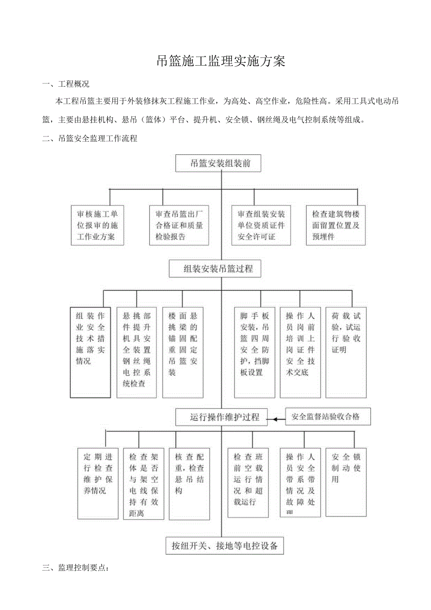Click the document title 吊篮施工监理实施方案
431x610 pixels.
coord(221,61)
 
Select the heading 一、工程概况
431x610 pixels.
coord(66,84)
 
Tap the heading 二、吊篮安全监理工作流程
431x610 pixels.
coord(89,139)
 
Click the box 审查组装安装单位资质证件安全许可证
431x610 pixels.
coord(261,225)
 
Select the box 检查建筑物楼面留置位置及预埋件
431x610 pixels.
coord(336,225)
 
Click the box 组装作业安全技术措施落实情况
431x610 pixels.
coord(90,352)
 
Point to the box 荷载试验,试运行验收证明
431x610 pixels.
coord(346,352)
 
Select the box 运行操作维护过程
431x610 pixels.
coord(221,416)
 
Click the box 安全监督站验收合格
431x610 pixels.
coord(328,416)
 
